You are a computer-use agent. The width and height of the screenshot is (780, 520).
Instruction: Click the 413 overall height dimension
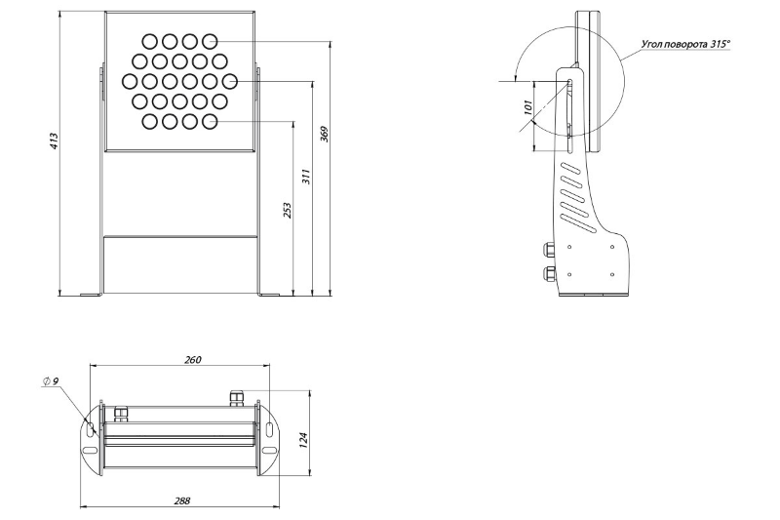click(x=55, y=141)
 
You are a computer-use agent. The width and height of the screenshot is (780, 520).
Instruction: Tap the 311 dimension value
click(x=305, y=177)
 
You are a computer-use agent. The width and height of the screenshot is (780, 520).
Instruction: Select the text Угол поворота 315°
click(x=686, y=44)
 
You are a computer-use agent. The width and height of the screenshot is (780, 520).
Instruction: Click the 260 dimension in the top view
click(x=193, y=360)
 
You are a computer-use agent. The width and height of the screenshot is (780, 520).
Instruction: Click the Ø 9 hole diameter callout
click(x=52, y=381)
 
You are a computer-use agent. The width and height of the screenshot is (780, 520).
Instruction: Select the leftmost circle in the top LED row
click(x=149, y=41)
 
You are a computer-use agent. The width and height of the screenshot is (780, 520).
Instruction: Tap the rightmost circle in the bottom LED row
click(x=210, y=121)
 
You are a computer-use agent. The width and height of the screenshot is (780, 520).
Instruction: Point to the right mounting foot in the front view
click(x=268, y=293)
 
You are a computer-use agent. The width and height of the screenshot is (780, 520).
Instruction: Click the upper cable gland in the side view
click(x=547, y=249)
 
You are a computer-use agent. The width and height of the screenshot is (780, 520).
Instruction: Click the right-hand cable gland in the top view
click(x=234, y=395)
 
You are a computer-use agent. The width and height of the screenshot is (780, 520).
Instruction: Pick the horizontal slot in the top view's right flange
click(x=268, y=451)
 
